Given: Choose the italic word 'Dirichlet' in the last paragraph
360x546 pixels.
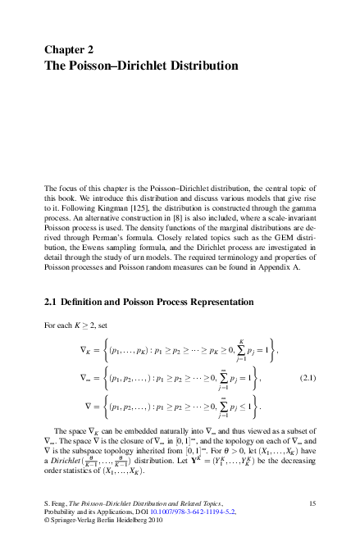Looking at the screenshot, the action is pos(65,461).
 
